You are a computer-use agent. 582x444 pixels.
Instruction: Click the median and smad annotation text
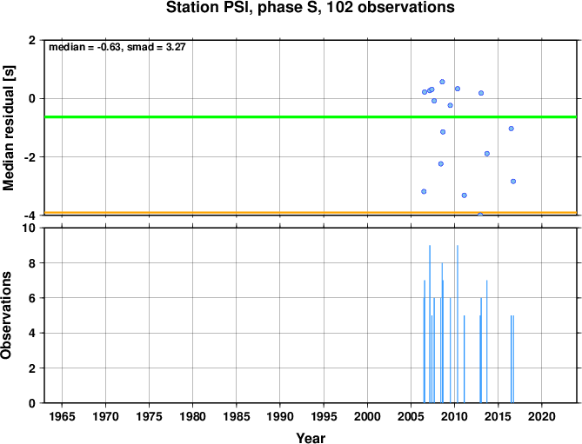tap(117, 47)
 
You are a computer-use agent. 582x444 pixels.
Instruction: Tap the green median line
tap(311, 117)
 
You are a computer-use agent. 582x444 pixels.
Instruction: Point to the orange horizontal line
tap(311, 213)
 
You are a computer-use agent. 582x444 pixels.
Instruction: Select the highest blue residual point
tap(442, 82)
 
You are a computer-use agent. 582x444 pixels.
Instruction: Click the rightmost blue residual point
tap(513, 182)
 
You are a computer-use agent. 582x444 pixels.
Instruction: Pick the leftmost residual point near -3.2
tap(424, 192)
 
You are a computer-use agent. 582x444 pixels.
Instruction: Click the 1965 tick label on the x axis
tap(62, 416)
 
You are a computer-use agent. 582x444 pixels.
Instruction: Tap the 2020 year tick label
tap(541, 416)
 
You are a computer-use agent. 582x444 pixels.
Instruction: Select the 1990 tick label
tap(280, 416)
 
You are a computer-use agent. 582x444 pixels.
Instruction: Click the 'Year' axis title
tap(311, 438)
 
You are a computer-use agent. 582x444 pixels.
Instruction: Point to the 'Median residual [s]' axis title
tap(8, 128)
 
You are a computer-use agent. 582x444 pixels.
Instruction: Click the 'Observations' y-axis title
tap(6, 315)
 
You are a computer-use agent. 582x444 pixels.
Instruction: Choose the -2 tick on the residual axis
tap(29, 157)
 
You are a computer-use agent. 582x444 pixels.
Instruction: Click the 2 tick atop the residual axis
tap(32, 40)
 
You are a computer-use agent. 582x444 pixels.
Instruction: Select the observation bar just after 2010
tap(458, 324)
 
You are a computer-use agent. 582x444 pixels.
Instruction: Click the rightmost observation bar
tap(513, 359)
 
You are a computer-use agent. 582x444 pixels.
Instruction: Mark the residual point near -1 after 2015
tap(512, 129)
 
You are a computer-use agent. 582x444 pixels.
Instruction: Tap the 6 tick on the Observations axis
tap(32, 298)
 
